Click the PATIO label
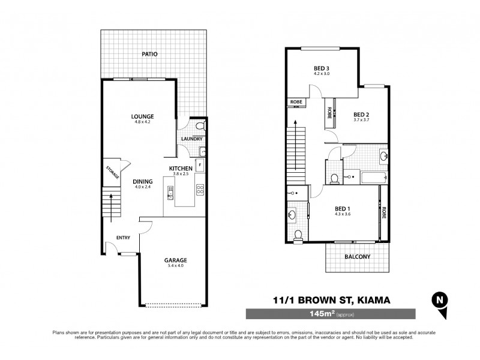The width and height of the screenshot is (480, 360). (x=150, y=54)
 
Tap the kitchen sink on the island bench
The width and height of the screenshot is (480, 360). (x=170, y=193)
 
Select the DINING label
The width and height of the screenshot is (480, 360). (x=143, y=181)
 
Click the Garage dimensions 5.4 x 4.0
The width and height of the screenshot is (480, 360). (x=176, y=267)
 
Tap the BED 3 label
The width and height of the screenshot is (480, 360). (x=322, y=68)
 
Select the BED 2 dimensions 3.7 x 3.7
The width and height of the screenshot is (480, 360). (x=361, y=121)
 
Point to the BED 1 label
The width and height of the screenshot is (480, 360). (x=344, y=208)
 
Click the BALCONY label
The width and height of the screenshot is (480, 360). (x=358, y=257)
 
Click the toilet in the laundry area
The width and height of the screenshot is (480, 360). (x=202, y=126)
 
